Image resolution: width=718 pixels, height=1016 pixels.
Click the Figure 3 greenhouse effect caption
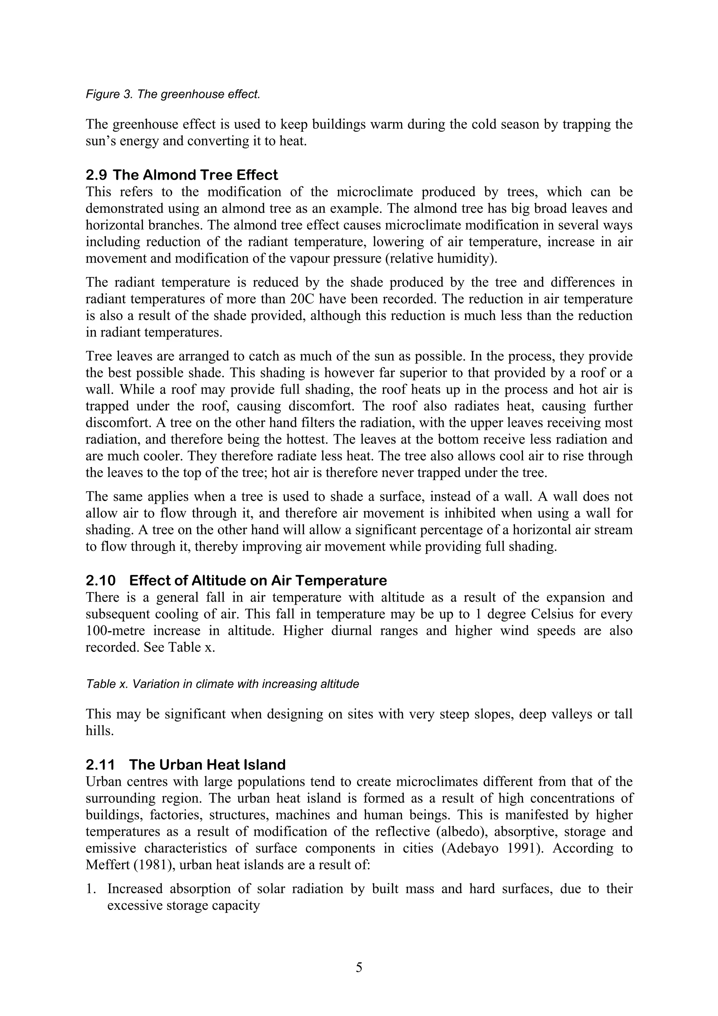point(172,94)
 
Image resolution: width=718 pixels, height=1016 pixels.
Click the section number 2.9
point(96,175)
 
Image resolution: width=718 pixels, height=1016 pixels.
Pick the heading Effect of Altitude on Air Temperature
point(258,580)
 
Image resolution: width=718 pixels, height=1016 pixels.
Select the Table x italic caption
point(222,684)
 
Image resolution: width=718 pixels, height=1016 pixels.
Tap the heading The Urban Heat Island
point(208,765)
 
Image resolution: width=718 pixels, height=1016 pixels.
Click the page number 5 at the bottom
point(359,968)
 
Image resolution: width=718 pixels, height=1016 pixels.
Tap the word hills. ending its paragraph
point(100,731)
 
